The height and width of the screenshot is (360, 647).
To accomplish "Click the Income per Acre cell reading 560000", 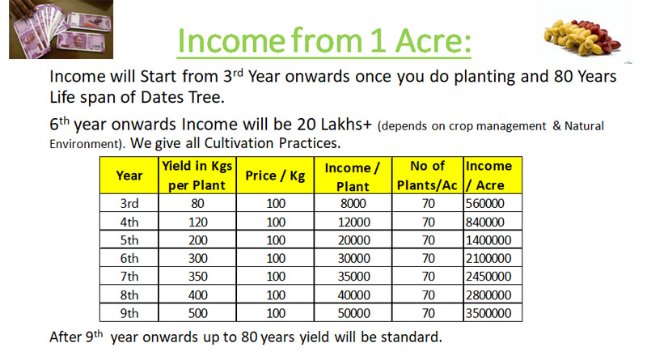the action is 484,204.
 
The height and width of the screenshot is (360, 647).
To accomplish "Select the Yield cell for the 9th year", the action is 198,313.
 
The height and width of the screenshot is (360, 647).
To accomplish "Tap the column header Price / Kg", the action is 275,176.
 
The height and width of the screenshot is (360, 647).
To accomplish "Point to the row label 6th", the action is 129,258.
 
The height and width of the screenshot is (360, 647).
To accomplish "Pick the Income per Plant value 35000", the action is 354,277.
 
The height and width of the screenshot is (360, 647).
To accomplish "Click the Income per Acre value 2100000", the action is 488,258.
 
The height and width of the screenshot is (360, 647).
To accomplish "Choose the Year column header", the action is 129,176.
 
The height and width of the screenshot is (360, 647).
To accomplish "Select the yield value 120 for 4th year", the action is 198,222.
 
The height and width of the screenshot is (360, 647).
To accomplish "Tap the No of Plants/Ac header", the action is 427,176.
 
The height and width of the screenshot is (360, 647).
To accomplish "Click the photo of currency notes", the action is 61,29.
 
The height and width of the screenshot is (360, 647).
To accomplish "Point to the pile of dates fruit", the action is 582,37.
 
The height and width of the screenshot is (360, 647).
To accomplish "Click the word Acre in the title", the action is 433,41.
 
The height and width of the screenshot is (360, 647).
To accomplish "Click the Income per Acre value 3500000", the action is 488,313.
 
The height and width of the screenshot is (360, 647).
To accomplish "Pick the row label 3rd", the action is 129,204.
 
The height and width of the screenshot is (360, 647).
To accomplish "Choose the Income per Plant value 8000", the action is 353,204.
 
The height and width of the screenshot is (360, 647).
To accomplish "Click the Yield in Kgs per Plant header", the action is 197,176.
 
